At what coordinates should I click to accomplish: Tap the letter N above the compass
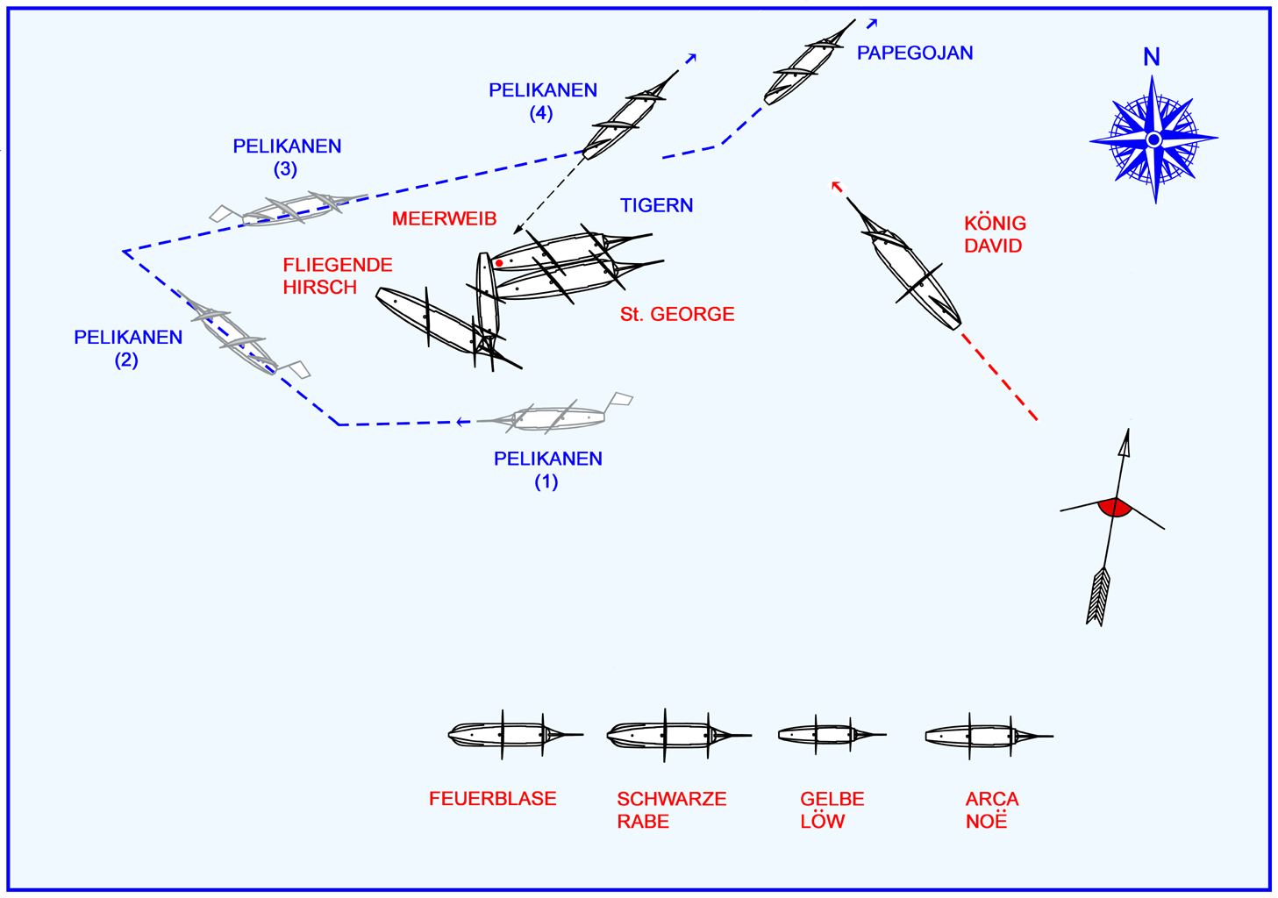[x=1152, y=58]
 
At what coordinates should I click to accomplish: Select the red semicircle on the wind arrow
[x=1114, y=507]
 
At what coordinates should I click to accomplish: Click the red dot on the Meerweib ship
[x=499, y=263]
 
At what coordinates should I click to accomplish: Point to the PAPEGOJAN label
[x=915, y=53]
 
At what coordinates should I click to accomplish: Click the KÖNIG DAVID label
[x=995, y=235]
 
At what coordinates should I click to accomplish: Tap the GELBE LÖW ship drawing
[x=829, y=735]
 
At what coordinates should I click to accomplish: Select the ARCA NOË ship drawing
[x=987, y=736]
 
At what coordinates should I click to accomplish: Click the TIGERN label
[x=656, y=206]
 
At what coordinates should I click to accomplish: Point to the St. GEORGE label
[x=677, y=315]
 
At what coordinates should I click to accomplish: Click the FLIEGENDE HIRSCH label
[x=337, y=276]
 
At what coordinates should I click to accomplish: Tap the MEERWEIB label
[x=444, y=219]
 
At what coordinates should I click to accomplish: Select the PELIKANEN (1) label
[x=547, y=470]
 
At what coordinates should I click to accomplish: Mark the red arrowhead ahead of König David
[x=836, y=186]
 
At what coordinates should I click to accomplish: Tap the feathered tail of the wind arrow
[x=1098, y=596]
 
